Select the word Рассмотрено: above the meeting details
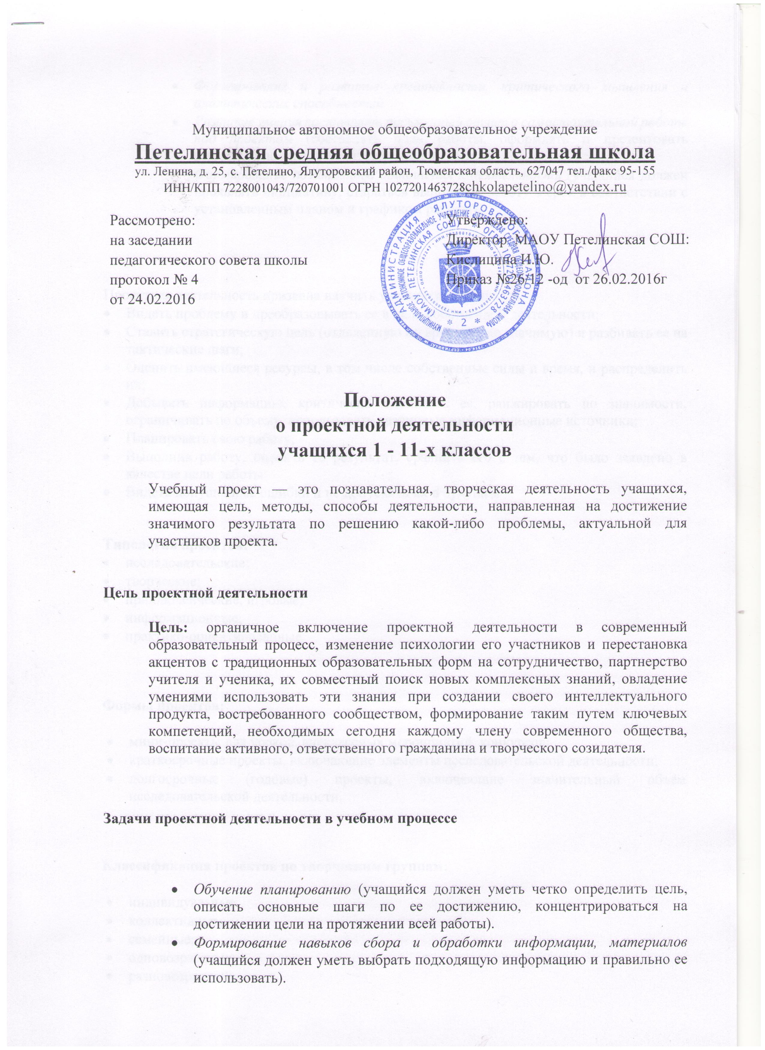coord(153,220)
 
